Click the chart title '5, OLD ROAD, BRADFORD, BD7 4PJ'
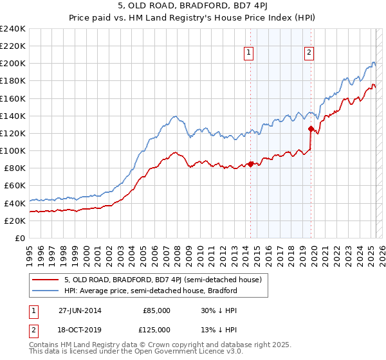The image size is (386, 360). point(193,7)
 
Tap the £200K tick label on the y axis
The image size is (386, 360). point(13,64)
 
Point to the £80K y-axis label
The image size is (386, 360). point(15,168)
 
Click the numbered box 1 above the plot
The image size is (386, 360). point(248,53)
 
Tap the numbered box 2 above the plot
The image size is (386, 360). point(309,53)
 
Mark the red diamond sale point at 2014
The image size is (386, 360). point(250,163)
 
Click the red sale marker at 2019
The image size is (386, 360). point(311,129)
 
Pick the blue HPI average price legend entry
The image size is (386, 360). point(151,291)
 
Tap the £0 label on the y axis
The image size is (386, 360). point(20,238)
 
